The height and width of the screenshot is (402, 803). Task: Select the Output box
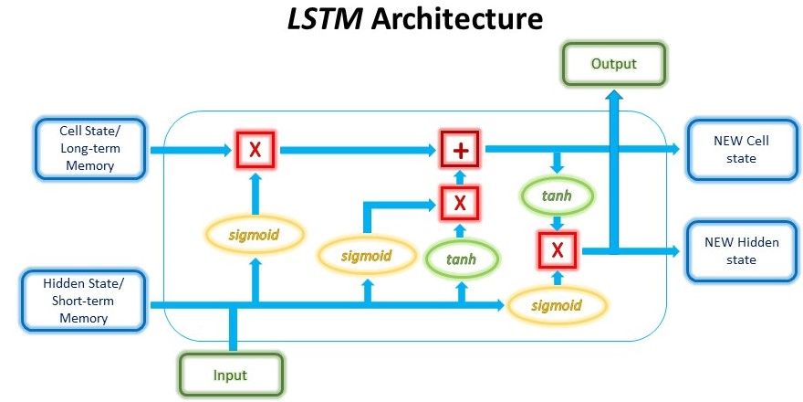pos(612,65)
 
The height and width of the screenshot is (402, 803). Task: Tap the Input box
pos(230,375)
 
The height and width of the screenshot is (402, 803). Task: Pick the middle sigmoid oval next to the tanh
pos(368,255)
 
